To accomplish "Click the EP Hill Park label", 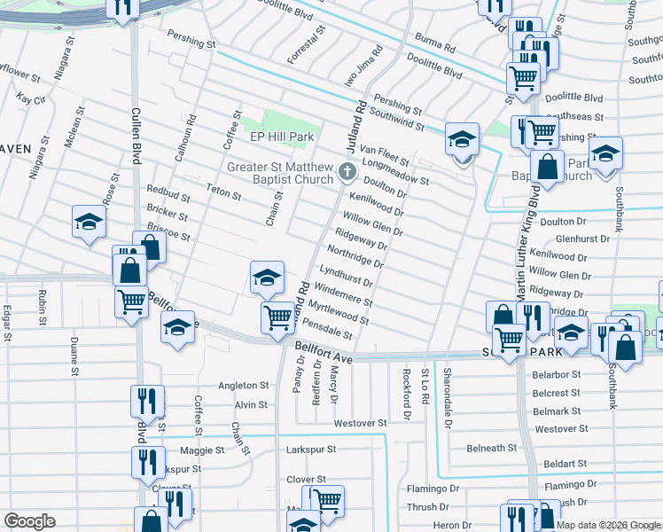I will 282,138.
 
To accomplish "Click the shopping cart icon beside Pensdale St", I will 278,317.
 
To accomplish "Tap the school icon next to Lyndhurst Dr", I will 266,278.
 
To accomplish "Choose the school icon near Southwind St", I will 462,140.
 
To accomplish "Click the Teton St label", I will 223,192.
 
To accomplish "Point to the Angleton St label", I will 243,386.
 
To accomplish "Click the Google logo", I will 30,521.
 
